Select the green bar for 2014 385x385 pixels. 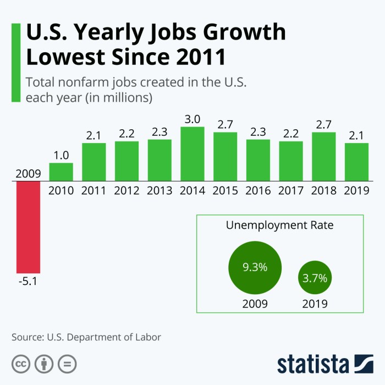click(x=193, y=153)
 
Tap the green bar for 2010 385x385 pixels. click(x=61, y=172)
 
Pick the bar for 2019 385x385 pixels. click(x=356, y=162)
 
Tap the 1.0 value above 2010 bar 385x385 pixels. click(x=61, y=155)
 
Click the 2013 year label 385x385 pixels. click(x=159, y=190)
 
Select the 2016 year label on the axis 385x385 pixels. click(x=258, y=190)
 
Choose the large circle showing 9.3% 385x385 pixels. click(x=255, y=268)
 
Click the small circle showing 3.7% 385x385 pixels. click(x=315, y=278)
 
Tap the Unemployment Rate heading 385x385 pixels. click(x=279, y=226)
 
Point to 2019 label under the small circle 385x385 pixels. click(x=315, y=304)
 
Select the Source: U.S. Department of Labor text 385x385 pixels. click(x=86, y=337)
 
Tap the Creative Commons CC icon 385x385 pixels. click(x=20, y=364)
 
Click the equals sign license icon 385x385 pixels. click(x=67, y=364)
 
